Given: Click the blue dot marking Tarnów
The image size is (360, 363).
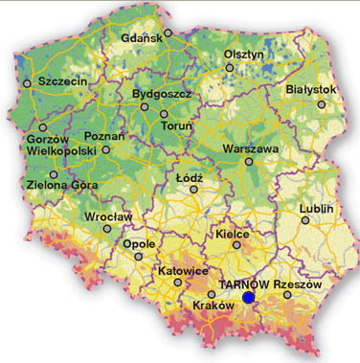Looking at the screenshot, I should (x=249, y=298).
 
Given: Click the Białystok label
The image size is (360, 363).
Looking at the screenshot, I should (x=311, y=89).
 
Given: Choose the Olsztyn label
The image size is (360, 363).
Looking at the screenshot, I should (x=243, y=55).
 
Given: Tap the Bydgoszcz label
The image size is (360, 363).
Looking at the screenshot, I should (x=163, y=94).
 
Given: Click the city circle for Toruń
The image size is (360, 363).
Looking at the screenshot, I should (x=164, y=114).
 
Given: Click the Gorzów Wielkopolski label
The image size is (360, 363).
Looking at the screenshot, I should (x=50, y=145).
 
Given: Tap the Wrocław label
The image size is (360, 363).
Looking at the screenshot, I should (x=108, y=217).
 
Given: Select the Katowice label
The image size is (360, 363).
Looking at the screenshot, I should (x=181, y=271).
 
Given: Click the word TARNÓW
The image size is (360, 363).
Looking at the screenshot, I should (x=245, y=284).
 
